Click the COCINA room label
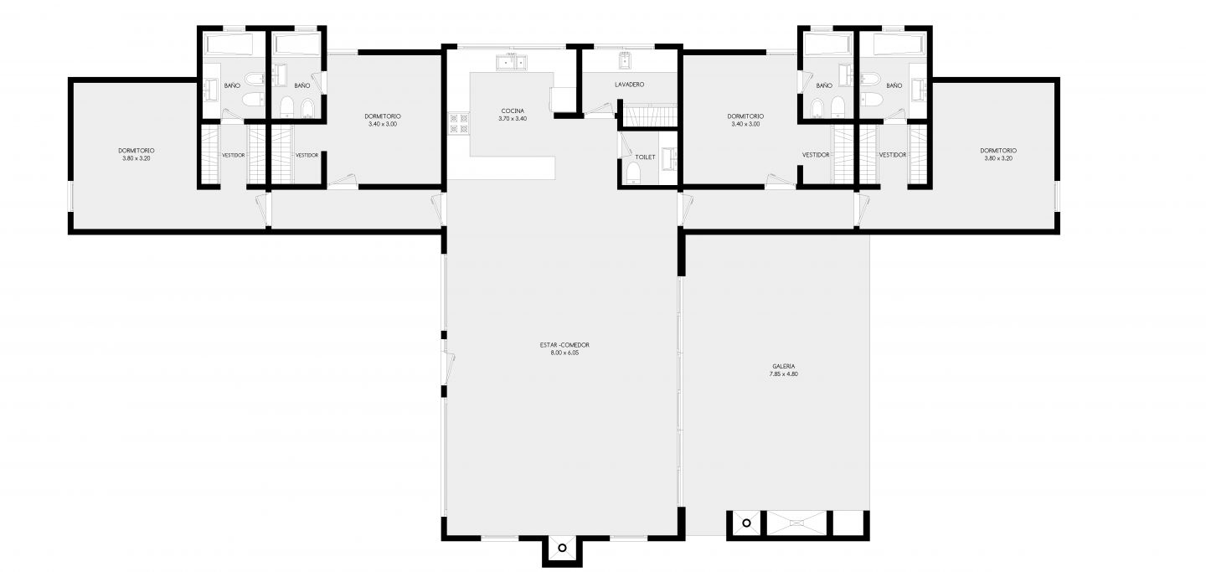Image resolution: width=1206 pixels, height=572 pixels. click(512, 111)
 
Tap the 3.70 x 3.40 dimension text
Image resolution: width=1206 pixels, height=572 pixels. click(513, 118)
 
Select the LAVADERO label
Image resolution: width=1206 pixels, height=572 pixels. click(630, 85)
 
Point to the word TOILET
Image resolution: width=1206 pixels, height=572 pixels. click(645, 157)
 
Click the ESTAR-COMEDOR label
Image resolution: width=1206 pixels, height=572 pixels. click(564, 345)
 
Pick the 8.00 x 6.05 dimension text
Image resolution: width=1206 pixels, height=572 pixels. click(564, 353)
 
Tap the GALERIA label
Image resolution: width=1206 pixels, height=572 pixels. click(783, 366)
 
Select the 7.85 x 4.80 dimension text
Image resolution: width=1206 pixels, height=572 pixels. click(783, 374)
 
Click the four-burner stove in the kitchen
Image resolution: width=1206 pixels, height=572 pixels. click(458, 123)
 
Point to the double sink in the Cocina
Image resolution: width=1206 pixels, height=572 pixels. click(512, 63)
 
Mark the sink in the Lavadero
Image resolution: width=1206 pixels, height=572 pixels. click(625, 61)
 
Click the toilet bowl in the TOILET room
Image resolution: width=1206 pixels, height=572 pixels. click(633, 173)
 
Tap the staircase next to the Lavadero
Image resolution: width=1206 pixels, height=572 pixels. click(649, 116)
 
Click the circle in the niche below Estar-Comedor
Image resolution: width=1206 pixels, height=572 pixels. click(562, 548)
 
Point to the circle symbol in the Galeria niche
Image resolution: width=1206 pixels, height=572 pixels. click(746, 523)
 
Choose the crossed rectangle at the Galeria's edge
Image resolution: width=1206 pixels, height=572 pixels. click(796, 523)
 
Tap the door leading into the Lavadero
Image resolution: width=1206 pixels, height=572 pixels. click(600, 110)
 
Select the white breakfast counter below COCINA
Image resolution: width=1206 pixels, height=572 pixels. click(501, 168)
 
